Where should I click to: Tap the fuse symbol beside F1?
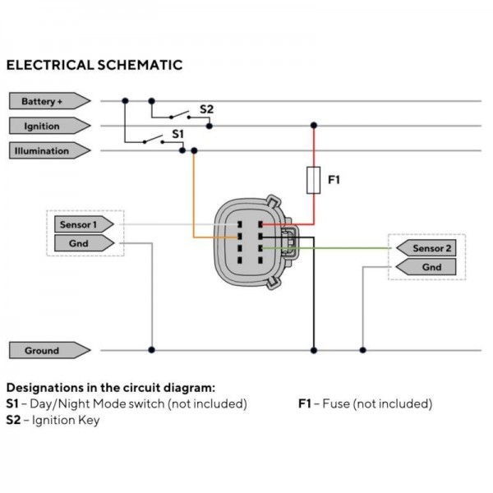313,179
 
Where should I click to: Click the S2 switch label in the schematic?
207,108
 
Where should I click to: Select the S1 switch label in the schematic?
178,133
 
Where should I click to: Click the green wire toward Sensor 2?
345,247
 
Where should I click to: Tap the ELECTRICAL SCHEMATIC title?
94,63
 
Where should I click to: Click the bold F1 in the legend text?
305,404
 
